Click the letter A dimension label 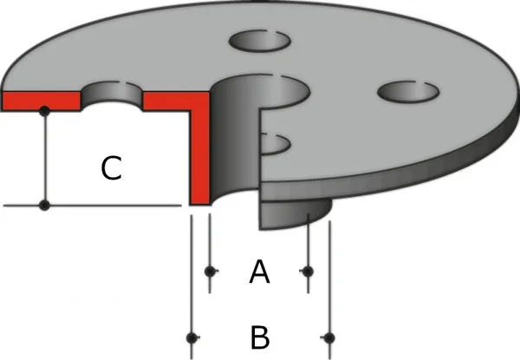[259, 272]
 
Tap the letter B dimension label [260, 337]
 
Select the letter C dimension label [111, 168]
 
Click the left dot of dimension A [210, 272]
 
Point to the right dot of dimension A [308, 272]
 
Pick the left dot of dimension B [192, 337]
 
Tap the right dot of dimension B [329, 337]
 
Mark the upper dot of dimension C [44, 111]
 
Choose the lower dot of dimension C [44, 206]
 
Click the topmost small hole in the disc [260, 41]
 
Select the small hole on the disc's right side [408, 92]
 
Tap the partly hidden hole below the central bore [276, 144]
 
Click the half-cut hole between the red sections [112, 95]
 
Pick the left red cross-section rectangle [41, 101]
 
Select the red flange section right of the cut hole [176, 101]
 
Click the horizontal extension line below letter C [92, 206]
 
